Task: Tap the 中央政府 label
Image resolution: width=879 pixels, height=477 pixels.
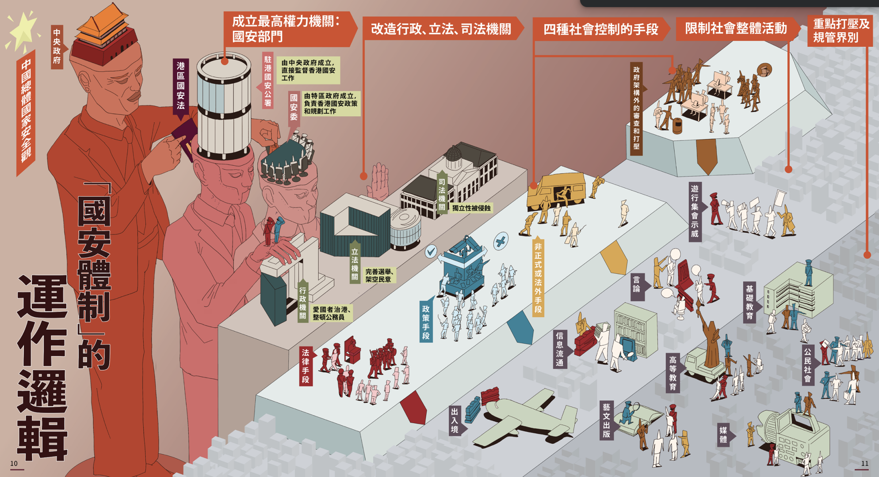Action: click(57, 46)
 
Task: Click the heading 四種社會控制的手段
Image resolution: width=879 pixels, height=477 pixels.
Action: click(600, 29)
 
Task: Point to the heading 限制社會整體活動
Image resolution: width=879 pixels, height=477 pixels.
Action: click(736, 28)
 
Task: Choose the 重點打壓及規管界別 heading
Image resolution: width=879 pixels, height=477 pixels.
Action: click(841, 30)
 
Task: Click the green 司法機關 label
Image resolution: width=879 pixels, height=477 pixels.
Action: click(442, 194)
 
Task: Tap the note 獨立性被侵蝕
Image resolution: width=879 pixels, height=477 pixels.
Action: click(471, 208)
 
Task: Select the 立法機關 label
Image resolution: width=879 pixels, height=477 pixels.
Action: click(355, 264)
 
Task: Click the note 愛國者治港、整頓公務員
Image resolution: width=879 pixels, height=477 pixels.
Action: click(332, 313)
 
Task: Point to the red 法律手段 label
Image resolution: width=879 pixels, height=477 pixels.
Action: click(306, 366)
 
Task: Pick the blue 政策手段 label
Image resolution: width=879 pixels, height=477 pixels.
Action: click(426, 322)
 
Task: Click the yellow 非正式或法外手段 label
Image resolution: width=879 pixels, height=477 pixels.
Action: click(538, 278)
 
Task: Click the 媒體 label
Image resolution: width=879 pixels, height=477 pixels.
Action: click(723, 434)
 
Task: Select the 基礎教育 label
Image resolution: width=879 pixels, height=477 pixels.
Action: click(749, 303)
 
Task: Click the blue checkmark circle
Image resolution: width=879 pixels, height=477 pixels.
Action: click(431, 251)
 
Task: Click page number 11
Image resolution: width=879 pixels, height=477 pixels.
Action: click(864, 463)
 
